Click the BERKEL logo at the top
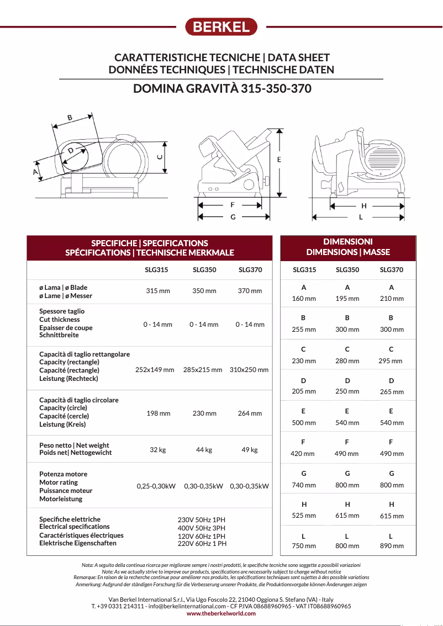221,26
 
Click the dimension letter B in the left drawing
70,117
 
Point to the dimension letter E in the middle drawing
279,160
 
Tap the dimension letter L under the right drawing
361,217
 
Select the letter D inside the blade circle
71,151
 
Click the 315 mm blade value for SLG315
158,291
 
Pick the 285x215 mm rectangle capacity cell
203,370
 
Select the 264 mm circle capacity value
250,413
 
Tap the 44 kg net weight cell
204,450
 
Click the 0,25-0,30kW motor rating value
156,486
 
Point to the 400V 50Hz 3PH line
202,528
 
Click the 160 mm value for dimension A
304,299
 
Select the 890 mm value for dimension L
392,545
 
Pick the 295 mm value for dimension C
391,361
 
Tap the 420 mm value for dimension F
303,454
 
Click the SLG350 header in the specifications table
204,270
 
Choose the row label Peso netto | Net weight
74,445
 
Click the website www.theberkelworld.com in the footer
221,613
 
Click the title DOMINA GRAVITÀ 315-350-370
222,89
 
